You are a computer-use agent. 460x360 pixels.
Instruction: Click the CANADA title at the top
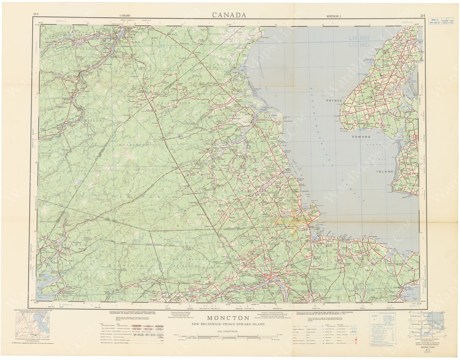coord(229,15)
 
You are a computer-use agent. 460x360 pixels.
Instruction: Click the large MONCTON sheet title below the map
coord(228,319)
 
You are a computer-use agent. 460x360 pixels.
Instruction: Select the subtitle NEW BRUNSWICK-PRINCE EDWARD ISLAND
coord(228,324)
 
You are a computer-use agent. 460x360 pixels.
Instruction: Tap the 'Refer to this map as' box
coord(442,21)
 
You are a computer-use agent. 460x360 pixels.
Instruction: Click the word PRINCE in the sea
coord(334,100)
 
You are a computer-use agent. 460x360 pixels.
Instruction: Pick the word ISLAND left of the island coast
coord(385,172)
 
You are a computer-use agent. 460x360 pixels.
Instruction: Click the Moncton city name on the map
coord(263,275)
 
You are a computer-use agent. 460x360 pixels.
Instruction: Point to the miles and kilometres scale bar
coord(228,337)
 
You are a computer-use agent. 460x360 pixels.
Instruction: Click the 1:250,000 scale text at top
coord(125,15)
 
